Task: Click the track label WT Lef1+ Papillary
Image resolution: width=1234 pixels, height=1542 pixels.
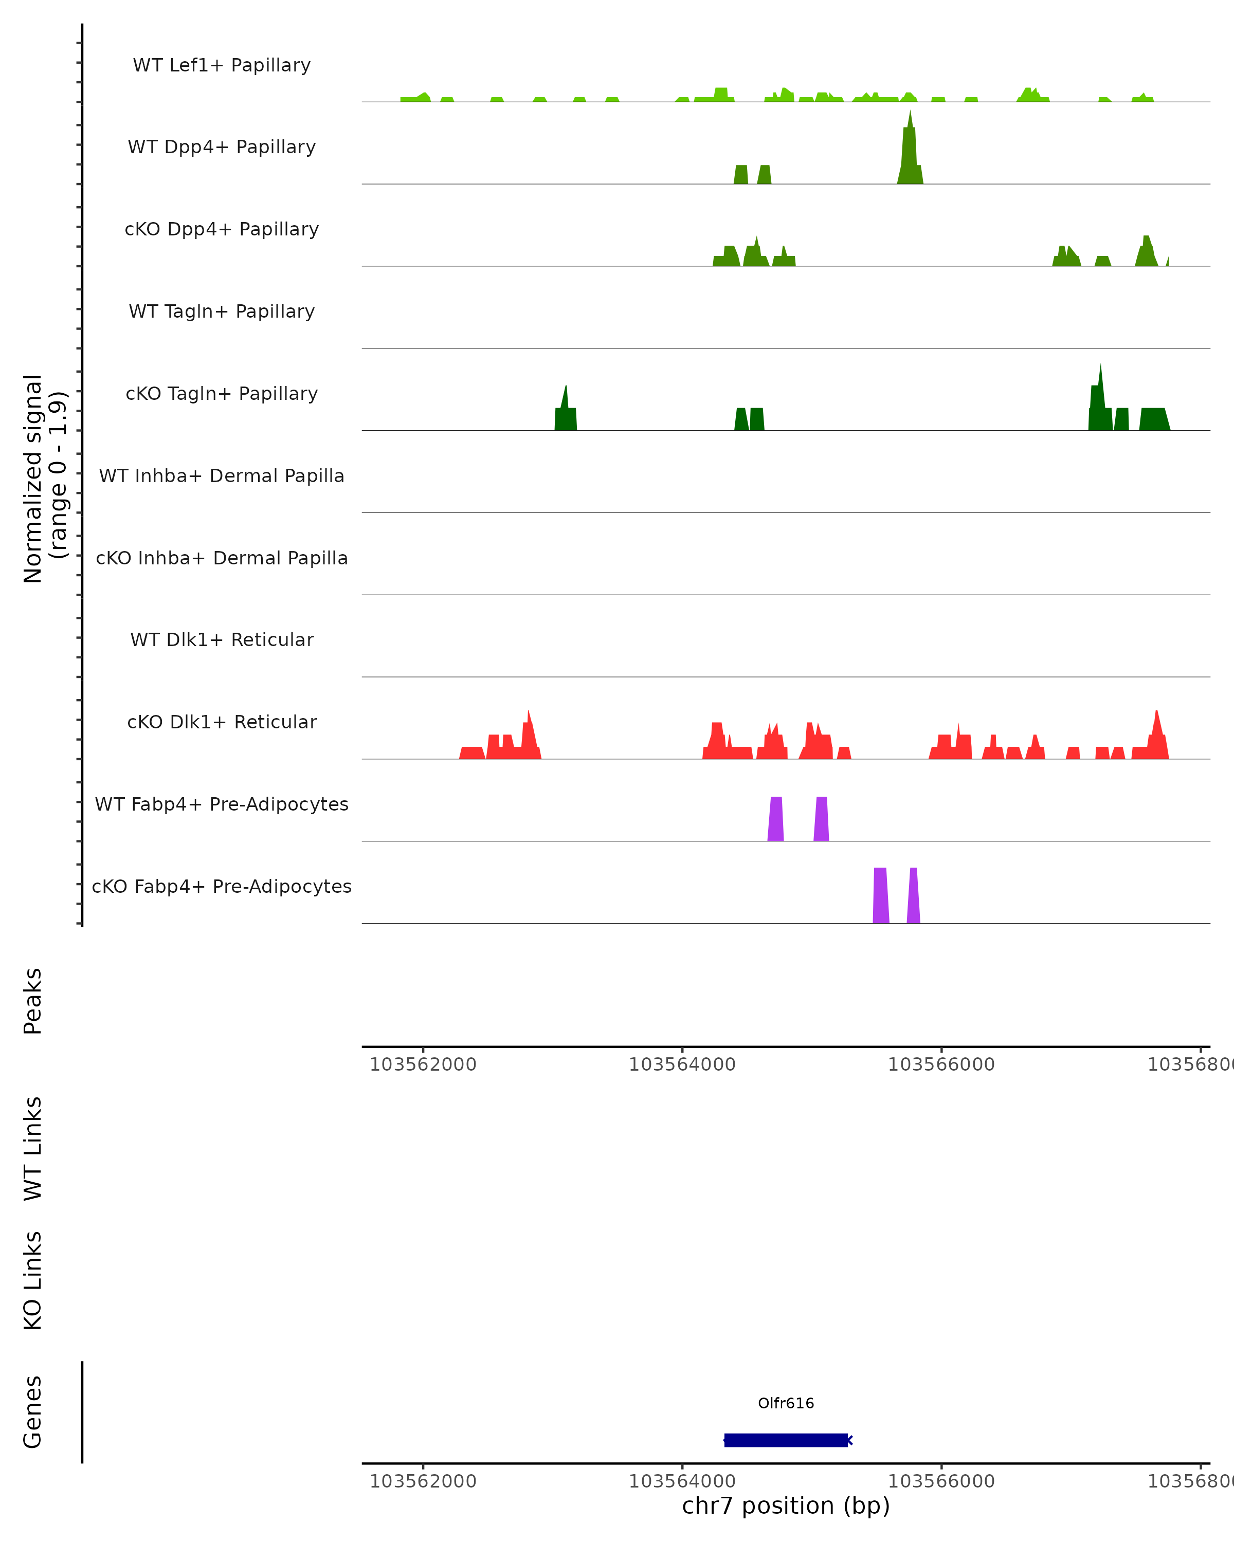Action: [x=222, y=65]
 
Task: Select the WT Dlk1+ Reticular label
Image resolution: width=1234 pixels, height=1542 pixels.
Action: [x=222, y=639]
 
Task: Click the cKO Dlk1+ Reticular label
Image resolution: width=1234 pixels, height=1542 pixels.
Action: [x=222, y=722]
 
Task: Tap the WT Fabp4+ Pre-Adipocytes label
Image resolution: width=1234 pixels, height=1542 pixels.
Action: [x=222, y=804]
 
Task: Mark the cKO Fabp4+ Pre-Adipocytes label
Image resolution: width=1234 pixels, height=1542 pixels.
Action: [x=222, y=886]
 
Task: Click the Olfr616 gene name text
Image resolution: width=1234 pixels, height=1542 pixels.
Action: [x=786, y=1403]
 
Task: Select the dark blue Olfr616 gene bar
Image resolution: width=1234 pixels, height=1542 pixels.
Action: [x=786, y=1440]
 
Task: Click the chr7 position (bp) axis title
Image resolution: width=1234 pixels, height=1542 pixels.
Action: [x=786, y=1506]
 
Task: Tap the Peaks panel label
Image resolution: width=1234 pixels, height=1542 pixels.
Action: [x=33, y=1001]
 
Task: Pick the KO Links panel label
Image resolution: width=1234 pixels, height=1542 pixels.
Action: [x=33, y=1280]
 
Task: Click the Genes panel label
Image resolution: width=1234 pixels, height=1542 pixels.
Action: [x=33, y=1412]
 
